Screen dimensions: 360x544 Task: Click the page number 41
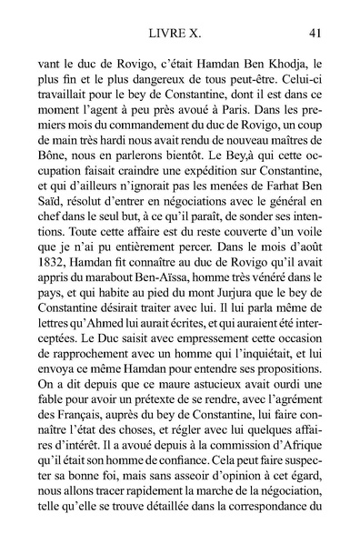(315, 34)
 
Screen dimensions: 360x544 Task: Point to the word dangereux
(148, 83)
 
